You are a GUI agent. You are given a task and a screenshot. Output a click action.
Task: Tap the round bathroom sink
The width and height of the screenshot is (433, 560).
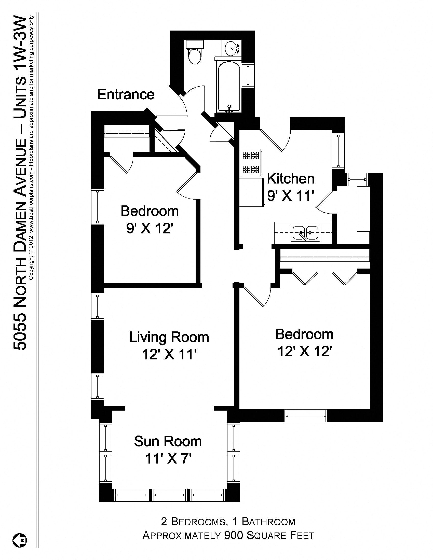(x=233, y=48)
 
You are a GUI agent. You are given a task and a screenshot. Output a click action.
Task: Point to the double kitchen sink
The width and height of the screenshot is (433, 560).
(x=305, y=233)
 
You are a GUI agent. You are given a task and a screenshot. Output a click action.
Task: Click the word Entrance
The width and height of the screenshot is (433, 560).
(x=126, y=94)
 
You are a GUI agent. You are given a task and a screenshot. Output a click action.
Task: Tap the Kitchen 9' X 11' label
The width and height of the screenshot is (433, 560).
(x=290, y=187)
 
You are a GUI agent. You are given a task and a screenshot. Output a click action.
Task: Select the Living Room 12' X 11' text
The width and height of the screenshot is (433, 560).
(x=169, y=346)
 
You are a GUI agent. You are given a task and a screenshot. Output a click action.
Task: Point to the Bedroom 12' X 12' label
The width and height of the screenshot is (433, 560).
(x=304, y=343)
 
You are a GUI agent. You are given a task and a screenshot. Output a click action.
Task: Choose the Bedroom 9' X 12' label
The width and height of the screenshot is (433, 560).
(x=150, y=219)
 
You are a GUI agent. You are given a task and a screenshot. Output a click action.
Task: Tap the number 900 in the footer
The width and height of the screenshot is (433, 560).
(x=233, y=535)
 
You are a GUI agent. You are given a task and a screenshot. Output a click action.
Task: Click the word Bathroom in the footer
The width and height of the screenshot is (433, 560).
(x=268, y=522)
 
